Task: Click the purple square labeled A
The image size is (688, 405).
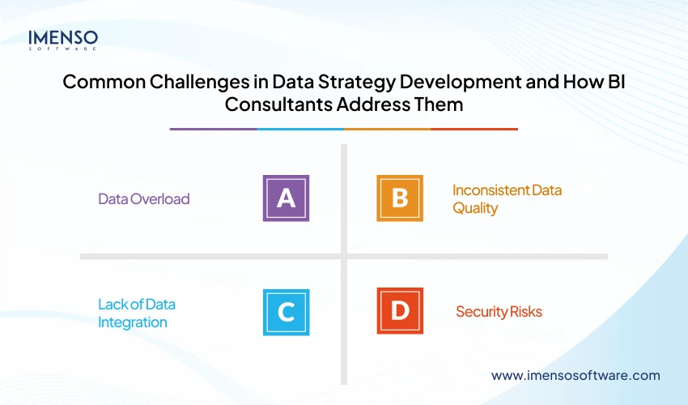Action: click(286, 198)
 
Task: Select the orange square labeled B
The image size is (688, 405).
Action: click(400, 198)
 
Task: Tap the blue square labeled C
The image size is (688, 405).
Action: click(286, 312)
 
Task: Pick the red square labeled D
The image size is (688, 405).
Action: click(400, 312)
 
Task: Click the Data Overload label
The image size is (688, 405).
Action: click(143, 198)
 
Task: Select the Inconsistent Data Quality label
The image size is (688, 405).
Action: click(507, 198)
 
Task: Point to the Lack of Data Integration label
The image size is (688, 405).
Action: click(137, 313)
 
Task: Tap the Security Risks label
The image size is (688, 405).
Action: click(499, 312)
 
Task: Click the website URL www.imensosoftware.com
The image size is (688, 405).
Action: click(575, 376)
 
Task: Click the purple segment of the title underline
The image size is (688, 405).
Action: click(213, 129)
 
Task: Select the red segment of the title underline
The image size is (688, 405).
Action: click(474, 129)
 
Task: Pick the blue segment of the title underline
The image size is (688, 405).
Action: click(300, 129)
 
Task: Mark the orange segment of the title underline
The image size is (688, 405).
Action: click(387, 129)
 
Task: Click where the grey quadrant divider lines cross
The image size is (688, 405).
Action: click(344, 256)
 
